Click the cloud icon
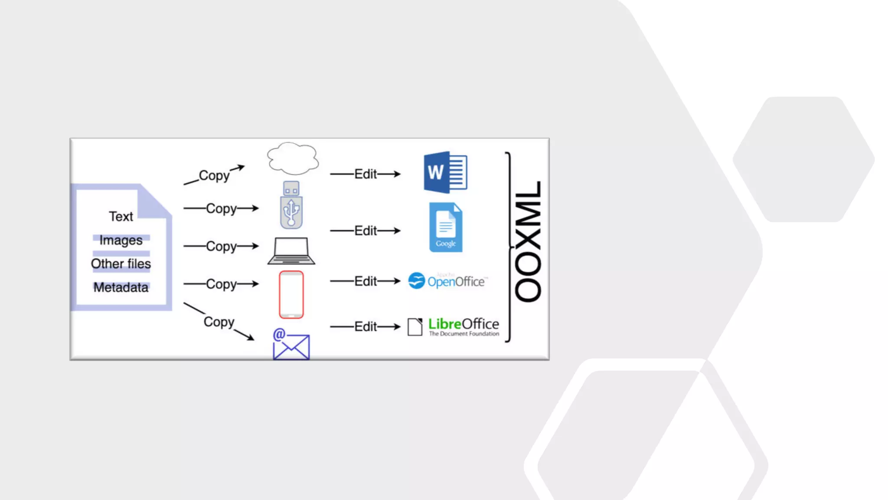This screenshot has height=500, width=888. tap(293, 158)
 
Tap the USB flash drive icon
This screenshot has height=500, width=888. tap(291, 205)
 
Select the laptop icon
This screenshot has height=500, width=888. tap(291, 251)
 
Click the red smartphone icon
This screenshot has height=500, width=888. tap(291, 295)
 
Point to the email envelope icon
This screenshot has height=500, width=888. tap(291, 345)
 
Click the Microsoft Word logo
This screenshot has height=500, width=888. tap(445, 172)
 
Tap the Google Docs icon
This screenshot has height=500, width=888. tap(446, 227)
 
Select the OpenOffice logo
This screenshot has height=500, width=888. tap(448, 281)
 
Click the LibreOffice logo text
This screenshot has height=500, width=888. tap(464, 324)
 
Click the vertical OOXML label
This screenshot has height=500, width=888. tap(528, 241)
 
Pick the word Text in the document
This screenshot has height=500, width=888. tap(121, 216)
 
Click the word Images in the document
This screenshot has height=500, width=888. tap(121, 240)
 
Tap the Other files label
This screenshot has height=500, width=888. tap(121, 263)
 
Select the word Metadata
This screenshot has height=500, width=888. tap(121, 287)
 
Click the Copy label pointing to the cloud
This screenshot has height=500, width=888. tap(214, 175)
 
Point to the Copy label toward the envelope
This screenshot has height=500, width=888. tap(219, 322)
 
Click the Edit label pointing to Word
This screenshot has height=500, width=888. tap(366, 174)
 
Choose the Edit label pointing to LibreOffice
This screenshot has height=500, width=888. tap(366, 326)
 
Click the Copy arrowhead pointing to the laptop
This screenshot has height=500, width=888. tap(255, 246)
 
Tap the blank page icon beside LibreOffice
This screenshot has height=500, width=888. tap(415, 327)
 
